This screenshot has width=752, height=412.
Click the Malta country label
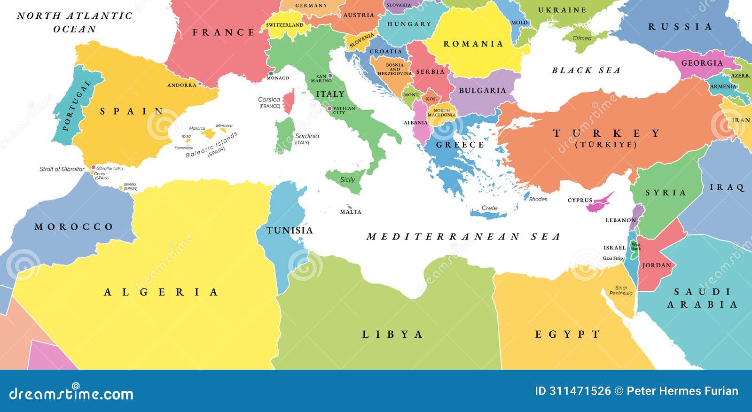tap(351, 212)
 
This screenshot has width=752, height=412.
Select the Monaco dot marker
tap(271, 73)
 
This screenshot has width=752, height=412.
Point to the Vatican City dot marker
tap(329, 109)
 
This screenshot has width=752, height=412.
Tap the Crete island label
tap(489, 208)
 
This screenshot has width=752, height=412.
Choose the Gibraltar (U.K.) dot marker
tap(93, 167)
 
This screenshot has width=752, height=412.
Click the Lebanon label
tap(620, 220)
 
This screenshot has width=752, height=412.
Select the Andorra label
tap(182, 85)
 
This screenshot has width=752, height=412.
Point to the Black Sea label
tap(586, 70)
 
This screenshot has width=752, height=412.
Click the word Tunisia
tap(290, 230)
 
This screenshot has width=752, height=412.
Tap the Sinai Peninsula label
tap(621, 290)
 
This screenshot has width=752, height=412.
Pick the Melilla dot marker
tap(121, 188)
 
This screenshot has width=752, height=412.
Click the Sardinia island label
tap(307, 136)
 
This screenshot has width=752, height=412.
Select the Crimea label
tap(582, 38)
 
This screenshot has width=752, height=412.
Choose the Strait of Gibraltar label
tap(62, 169)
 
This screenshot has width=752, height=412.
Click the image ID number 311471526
tap(580, 391)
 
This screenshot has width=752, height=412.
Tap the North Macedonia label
tap(441, 113)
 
